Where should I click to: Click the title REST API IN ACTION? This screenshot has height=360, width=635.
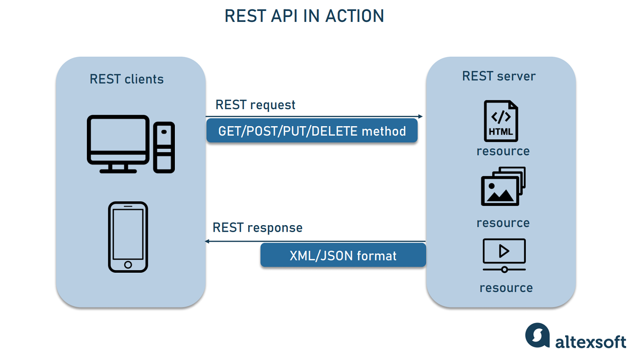[x=304, y=16]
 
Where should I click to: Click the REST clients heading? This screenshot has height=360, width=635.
[x=126, y=79]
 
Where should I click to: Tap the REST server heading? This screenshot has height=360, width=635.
[x=499, y=76]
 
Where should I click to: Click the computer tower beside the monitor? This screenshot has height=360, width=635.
[x=164, y=147]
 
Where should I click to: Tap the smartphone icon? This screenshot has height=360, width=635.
[x=128, y=237]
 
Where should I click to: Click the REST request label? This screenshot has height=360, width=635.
[x=255, y=105]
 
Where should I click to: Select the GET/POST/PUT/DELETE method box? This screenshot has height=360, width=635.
[x=312, y=131]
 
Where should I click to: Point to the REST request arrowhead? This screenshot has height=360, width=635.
[x=420, y=117]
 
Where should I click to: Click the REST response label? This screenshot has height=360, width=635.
[x=257, y=228]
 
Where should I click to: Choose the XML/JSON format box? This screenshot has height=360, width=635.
[x=343, y=255]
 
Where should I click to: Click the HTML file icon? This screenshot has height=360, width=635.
[x=501, y=121]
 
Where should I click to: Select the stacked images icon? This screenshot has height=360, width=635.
[x=503, y=186]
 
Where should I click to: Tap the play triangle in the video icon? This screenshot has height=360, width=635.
[x=504, y=251]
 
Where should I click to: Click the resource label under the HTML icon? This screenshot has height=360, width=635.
[x=503, y=151]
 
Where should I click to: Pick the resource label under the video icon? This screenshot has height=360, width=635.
[x=506, y=288]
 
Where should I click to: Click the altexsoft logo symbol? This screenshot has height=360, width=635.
[x=537, y=335]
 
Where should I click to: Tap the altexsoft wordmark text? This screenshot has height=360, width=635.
[x=591, y=342]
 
